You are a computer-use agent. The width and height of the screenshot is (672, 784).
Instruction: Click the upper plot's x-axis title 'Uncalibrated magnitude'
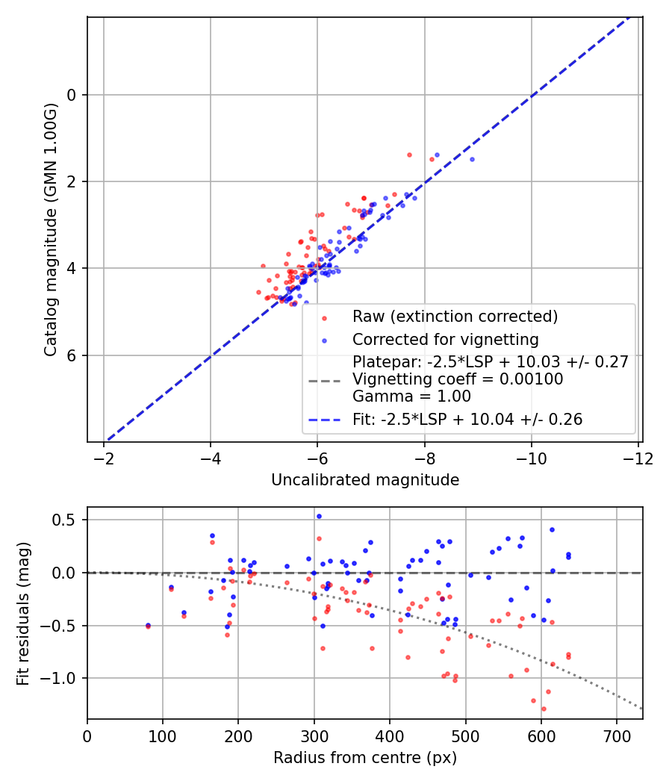tap(364, 479)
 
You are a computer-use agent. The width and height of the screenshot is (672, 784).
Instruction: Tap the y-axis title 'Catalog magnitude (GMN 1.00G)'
tap(51, 228)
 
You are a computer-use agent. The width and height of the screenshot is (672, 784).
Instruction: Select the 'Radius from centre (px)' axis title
tap(364, 758)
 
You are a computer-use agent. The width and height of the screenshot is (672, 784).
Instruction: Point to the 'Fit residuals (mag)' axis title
tap(23, 613)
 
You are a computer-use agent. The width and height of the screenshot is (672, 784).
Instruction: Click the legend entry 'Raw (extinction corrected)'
tap(455, 317)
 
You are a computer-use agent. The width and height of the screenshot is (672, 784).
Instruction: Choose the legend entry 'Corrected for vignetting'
tap(446, 340)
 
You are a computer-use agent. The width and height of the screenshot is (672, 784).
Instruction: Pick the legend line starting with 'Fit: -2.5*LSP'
tap(467, 420)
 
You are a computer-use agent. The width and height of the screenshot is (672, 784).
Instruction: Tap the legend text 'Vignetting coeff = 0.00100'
tap(458, 379)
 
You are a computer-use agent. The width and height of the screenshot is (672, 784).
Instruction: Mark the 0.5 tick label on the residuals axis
tap(68, 520)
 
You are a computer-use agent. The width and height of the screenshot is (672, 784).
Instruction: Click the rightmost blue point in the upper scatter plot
tap(472, 159)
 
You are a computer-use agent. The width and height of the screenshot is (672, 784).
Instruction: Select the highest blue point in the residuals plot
tap(319, 516)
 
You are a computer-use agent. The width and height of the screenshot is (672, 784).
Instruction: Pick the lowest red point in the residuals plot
tap(544, 709)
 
